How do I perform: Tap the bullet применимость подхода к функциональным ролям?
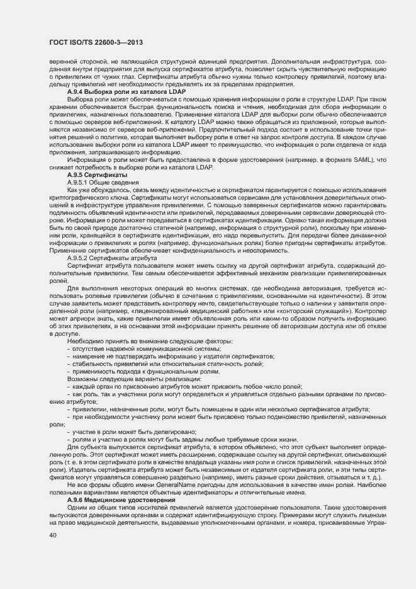click(x=152, y=372)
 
